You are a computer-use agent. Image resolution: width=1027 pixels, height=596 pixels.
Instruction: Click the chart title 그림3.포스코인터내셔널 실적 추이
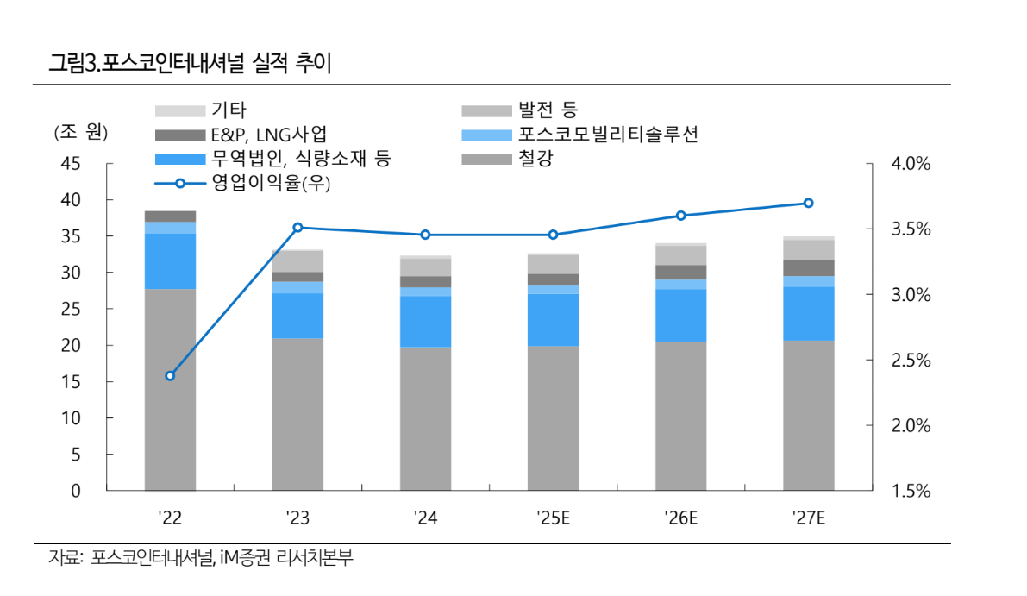[191, 63]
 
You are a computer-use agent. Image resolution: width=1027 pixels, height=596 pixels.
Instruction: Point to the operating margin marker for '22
[170, 375]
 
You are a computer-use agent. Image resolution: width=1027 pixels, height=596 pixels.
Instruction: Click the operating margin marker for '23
[297, 228]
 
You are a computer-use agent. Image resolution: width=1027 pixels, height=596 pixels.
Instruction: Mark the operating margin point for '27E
[808, 204]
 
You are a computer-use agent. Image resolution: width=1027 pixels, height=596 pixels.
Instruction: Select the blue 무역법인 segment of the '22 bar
[170, 260]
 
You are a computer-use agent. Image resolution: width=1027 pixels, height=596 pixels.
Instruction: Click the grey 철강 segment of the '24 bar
[425, 418]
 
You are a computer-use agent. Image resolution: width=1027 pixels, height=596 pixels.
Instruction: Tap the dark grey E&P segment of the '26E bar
[680, 272]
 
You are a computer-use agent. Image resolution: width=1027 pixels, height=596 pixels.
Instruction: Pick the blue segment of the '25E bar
[553, 319]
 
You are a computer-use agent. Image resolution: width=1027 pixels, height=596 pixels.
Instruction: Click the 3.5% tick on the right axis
[909, 229]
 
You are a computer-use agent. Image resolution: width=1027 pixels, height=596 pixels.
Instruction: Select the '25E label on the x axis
[553, 518]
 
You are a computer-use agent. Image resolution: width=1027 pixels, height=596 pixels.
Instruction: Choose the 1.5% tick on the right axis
[909, 492]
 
